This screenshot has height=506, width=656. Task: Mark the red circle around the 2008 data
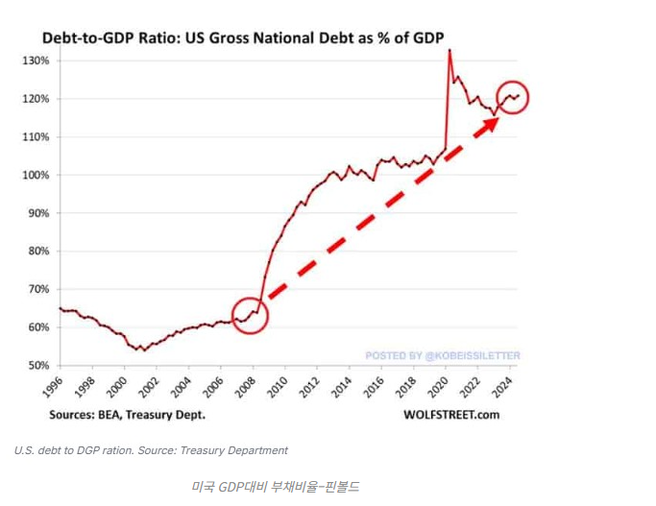[250, 314]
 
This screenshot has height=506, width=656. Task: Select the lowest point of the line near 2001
[145, 349]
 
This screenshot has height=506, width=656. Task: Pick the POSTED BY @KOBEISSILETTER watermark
[442, 356]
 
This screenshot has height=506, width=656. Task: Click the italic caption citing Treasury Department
[151, 450]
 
